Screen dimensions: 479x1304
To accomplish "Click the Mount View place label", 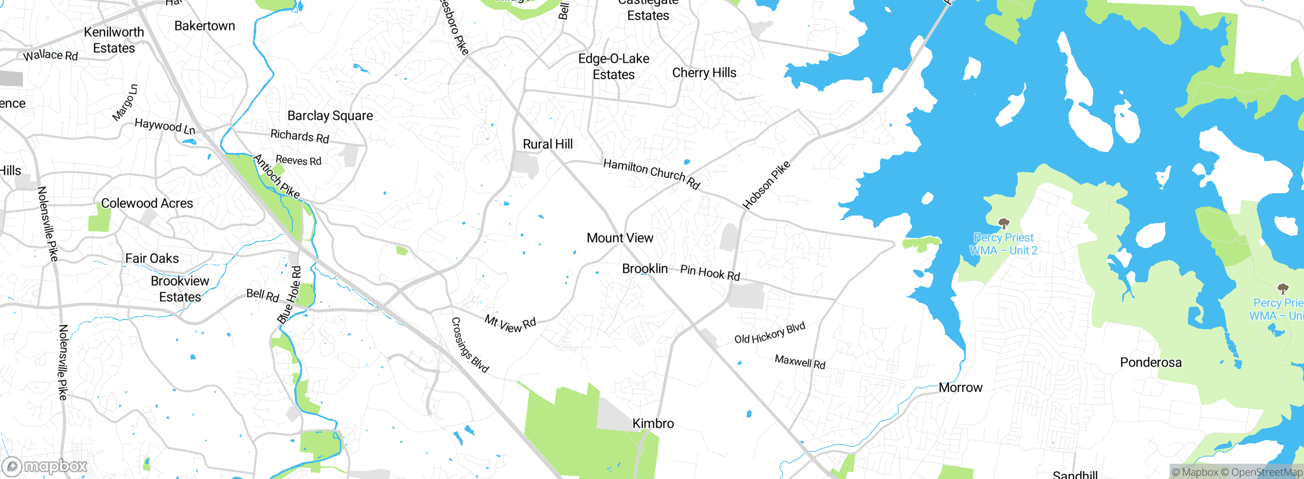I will [x=619, y=238].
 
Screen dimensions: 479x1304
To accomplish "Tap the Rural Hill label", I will [x=548, y=144].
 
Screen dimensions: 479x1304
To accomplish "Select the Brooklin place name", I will [x=644, y=269].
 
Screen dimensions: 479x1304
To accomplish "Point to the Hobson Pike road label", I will [x=766, y=185].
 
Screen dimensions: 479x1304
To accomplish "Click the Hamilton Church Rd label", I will [x=651, y=173].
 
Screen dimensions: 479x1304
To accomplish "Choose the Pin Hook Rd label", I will [x=710, y=273].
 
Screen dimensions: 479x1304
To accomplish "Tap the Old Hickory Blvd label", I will [x=770, y=333].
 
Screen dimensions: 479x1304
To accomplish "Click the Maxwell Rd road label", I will [x=800, y=362].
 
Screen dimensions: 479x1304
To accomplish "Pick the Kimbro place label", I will [x=653, y=423].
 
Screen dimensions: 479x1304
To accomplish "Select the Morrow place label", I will [x=960, y=388].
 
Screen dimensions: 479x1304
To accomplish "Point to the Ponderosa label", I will [x=1151, y=362].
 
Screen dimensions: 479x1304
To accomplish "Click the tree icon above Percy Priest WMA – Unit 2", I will [x=1003, y=223].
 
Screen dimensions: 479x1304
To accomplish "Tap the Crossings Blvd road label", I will [x=470, y=345].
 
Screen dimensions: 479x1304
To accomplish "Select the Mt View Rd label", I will [x=510, y=324].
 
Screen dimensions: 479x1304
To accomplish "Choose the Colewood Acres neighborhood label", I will [x=147, y=203].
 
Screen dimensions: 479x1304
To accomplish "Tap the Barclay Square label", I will [x=330, y=116].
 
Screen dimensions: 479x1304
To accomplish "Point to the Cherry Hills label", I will [x=704, y=73].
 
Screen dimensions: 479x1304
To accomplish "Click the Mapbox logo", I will [x=45, y=466].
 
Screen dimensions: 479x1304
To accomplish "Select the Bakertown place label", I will [x=205, y=26].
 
